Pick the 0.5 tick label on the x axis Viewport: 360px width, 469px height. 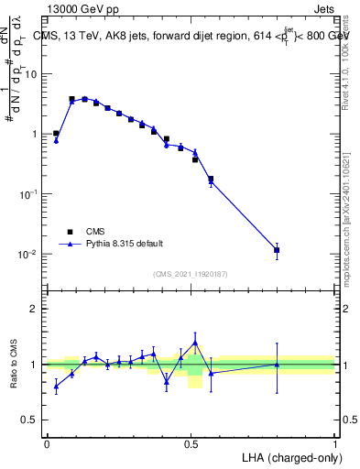point(191,443)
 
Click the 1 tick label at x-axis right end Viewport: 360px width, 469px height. point(334,443)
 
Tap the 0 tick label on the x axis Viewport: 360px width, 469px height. point(47,443)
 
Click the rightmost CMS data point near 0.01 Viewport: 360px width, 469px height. point(277,249)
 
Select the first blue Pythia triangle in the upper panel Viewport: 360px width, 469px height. point(56,140)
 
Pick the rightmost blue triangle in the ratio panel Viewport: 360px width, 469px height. point(277,365)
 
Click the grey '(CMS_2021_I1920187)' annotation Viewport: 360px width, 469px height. point(191,274)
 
